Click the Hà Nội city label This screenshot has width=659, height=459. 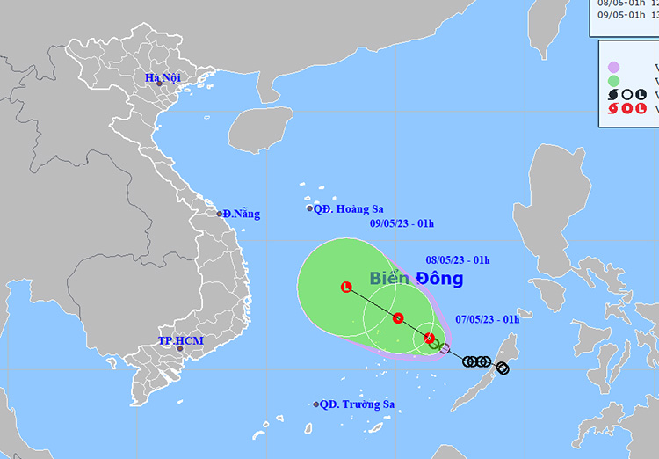(163, 78)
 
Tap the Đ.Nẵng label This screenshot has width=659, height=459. (241, 214)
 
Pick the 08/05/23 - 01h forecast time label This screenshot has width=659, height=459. (457, 259)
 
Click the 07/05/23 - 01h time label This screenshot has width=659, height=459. (487, 319)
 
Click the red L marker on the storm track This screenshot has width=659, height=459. (345, 287)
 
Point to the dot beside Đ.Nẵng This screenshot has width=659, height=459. (221, 214)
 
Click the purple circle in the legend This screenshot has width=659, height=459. (614, 67)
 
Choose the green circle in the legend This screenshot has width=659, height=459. (614, 80)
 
